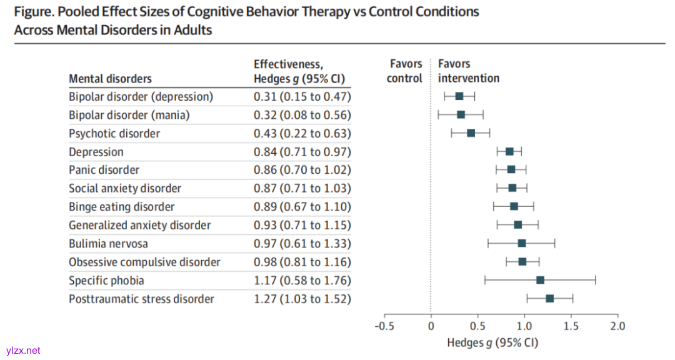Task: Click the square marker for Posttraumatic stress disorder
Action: (x=549, y=299)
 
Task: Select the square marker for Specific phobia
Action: (x=540, y=280)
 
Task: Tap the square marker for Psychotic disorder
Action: (x=471, y=133)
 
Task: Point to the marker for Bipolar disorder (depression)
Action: (x=459, y=96)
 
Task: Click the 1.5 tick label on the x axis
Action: (x=571, y=326)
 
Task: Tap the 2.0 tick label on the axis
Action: (x=617, y=326)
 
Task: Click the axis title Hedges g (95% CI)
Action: (x=492, y=342)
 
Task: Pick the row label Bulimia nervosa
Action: (x=108, y=243)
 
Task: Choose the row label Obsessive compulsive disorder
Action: (x=144, y=262)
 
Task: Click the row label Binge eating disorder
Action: (x=121, y=207)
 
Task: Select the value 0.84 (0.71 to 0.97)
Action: (x=302, y=152)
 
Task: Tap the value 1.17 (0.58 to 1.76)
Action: (x=302, y=281)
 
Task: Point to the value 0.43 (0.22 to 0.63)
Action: (x=302, y=134)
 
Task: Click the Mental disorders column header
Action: (x=110, y=79)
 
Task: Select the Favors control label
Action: (x=405, y=71)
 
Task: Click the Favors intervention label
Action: (x=468, y=71)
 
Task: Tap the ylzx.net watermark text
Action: (x=22, y=351)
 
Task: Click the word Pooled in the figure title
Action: (x=75, y=12)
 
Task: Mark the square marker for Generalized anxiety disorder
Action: (x=517, y=225)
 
